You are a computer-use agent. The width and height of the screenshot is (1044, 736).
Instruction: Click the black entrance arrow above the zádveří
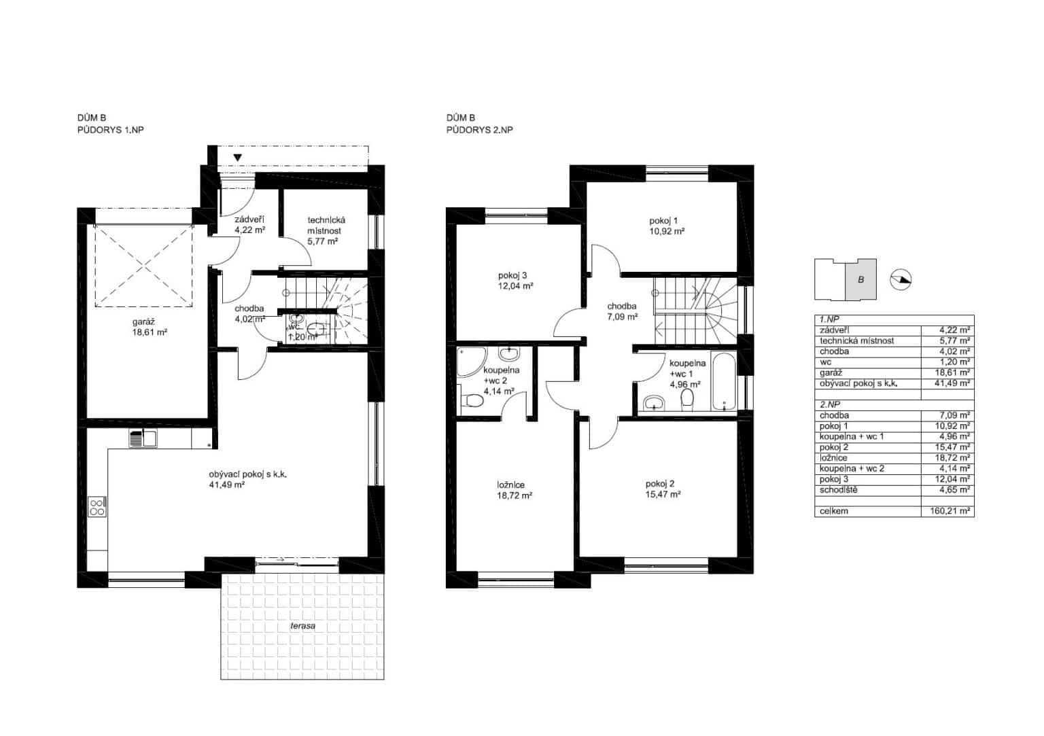[x=238, y=158]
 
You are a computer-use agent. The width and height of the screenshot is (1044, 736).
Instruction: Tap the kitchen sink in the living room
[x=143, y=438]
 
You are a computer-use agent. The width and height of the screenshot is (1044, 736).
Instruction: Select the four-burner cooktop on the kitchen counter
[x=97, y=507]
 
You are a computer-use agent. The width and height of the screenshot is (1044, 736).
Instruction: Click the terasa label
[x=303, y=626]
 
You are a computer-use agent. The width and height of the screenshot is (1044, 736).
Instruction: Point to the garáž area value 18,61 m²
[x=150, y=332]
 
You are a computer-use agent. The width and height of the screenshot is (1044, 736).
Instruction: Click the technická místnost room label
[x=326, y=225]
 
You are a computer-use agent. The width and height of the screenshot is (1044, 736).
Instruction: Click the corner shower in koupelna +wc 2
[x=472, y=362]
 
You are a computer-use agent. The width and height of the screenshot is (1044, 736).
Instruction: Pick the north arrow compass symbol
[x=901, y=280]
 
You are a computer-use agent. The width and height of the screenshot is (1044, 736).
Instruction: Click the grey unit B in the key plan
[x=861, y=279]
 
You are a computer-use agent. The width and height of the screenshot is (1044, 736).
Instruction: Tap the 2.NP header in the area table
[x=830, y=404]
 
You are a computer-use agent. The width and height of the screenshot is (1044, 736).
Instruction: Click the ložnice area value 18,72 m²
[x=515, y=495]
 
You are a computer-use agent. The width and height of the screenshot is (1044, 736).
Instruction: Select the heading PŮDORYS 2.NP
[x=480, y=130]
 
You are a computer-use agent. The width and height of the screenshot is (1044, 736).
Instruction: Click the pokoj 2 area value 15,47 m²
[x=663, y=495]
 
